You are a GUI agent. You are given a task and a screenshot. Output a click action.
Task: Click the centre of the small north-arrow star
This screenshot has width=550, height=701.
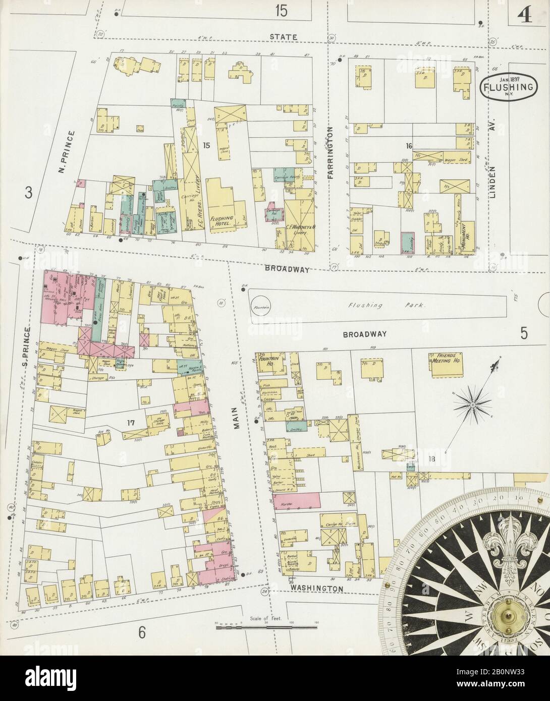tap(473, 403)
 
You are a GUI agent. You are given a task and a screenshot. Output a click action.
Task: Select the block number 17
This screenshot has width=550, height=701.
tap(131, 423)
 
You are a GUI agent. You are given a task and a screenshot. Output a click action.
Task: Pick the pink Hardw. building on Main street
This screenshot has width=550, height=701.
tap(297, 500)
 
